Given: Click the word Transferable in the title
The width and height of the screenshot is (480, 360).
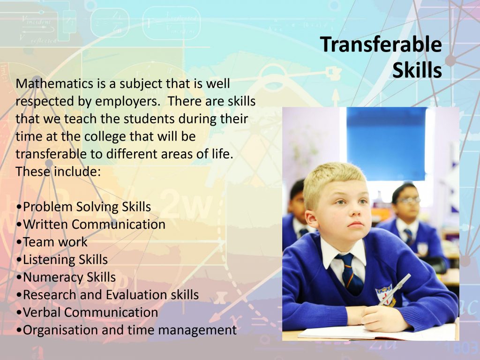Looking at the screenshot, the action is tap(381, 45).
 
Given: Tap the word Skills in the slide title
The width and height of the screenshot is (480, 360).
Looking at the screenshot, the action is tap(417, 70).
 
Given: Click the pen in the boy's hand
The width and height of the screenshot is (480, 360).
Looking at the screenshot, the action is tap(395, 289).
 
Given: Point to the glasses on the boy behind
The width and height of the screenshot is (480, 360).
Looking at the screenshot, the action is tap(408, 200).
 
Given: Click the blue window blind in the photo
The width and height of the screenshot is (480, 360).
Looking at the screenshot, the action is tap(386, 143).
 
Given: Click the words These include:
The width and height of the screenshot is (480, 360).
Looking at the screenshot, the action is tap(58, 172).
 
